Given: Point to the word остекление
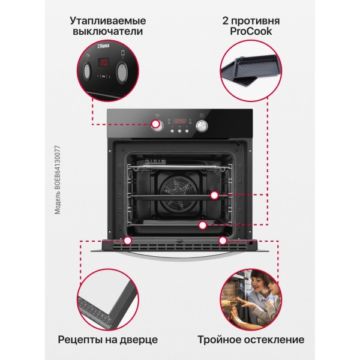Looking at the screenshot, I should click(276, 340).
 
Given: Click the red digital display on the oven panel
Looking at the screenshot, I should click(179, 119).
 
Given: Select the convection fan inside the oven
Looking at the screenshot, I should click(179, 192).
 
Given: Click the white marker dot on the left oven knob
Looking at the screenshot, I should click(157, 125).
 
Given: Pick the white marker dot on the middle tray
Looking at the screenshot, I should click(214, 195).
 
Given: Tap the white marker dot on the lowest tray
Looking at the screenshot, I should click(203, 226).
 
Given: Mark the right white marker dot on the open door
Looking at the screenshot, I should click(223, 241).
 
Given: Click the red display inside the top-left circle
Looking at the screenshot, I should click(103, 62).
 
